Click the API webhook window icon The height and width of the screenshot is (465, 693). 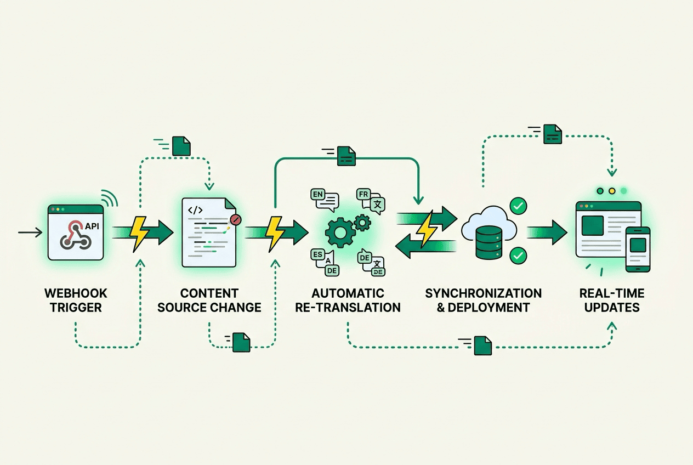pos(76,232)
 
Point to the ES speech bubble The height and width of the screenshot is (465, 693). pos(318,255)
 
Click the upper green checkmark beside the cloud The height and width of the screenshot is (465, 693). pos(518,206)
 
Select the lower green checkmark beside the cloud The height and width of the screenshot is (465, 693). pos(518,256)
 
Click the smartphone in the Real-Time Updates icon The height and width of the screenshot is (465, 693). pos(638,249)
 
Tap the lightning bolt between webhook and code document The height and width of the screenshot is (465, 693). pos(139,233)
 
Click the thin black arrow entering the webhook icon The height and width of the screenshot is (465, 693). pos(30,233)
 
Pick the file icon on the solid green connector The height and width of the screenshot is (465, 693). pos(346,155)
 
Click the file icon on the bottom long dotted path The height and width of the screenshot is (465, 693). pos(482,345)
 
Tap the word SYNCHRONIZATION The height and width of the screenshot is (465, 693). pos(483,294)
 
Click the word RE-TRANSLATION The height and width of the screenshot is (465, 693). pos(348,307)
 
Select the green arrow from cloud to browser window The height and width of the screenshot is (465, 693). pos(548,232)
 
